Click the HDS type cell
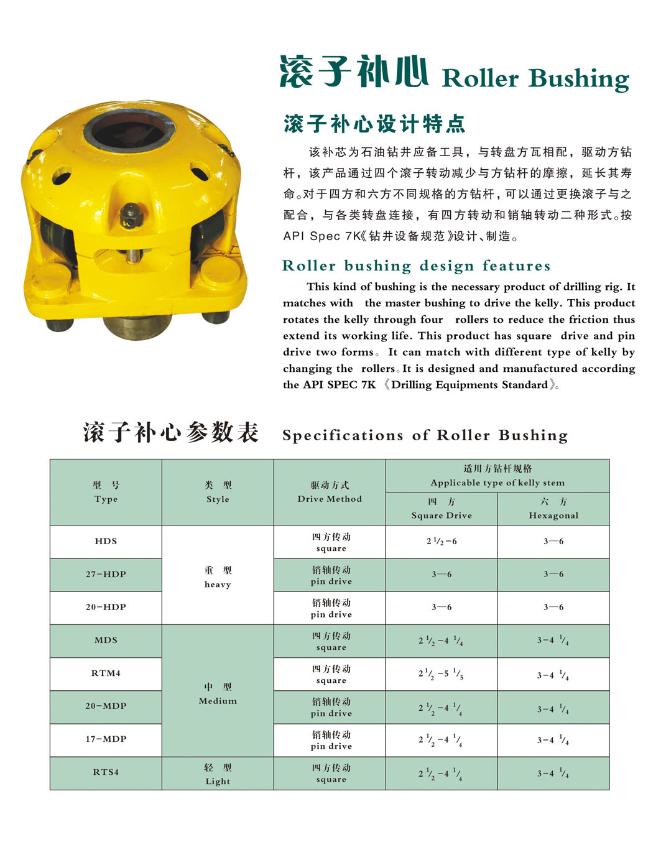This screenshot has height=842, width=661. (x=106, y=541)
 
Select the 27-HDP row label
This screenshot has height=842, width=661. (x=106, y=574)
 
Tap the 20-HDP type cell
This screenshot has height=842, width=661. (x=106, y=607)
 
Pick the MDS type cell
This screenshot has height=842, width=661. (x=106, y=640)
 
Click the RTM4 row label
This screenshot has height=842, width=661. (x=106, y=673)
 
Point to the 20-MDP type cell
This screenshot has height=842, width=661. (x=106, y=706)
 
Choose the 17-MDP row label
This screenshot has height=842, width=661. (x=106, y=739)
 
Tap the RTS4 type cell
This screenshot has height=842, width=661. (x=106, y=772)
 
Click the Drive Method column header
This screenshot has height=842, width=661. (x=330, y=492)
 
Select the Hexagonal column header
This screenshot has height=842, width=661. (x=553, y=509)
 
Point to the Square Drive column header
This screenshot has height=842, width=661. (x=441, y=509)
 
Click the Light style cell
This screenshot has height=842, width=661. (x=218, y=774)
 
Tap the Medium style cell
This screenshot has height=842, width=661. (x=218, y=693)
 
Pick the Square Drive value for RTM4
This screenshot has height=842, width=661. (x=441, y=673)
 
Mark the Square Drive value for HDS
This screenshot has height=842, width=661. (x=441, y=541)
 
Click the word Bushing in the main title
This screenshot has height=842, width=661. (x=579, y=79)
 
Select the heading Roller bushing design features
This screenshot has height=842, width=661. (x=416, y=266)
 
